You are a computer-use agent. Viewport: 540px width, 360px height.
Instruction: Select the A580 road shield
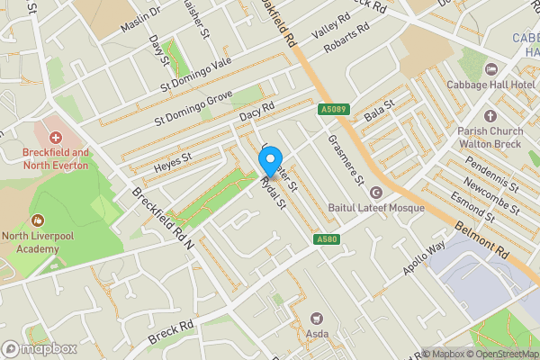pos(327,239)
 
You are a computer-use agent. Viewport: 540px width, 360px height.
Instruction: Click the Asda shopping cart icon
pos(316,319)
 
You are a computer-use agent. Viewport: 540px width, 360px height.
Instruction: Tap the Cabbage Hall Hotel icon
pos(490,69)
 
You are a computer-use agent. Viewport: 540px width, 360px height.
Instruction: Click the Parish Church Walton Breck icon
pos(490,116)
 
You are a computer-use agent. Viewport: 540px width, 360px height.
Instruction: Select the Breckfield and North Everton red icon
pos(56,138)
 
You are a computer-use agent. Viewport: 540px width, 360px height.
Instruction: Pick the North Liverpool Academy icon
pos(38,220)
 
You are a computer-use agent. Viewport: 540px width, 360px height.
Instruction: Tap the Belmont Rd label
pos(482,242)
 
